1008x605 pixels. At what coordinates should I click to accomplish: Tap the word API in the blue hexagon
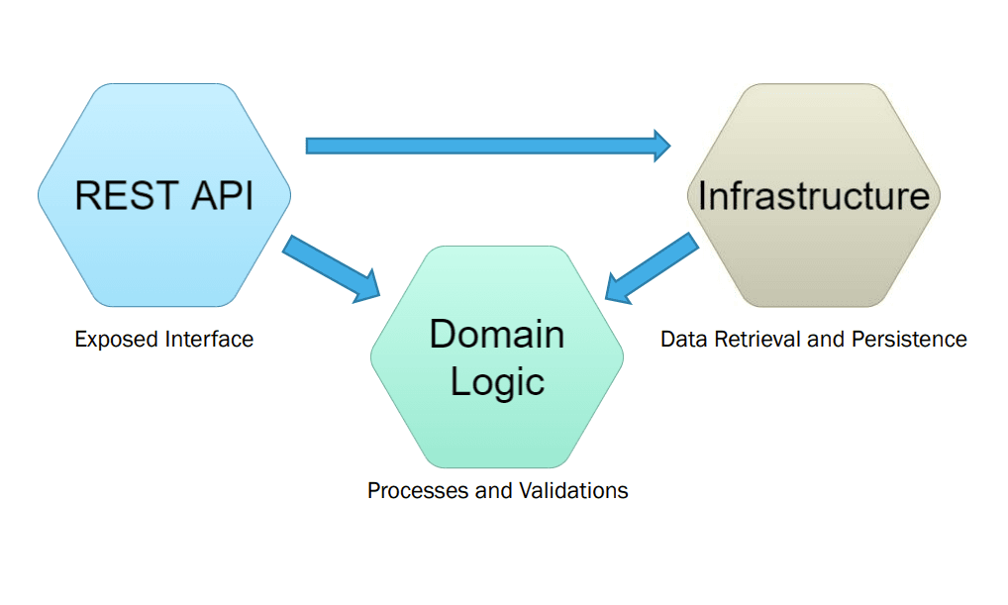(x=219, y=195)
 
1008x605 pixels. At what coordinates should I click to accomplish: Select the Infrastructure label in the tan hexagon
(x=813, y=195)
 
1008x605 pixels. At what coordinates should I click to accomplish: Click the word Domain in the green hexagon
(x=496, y=335)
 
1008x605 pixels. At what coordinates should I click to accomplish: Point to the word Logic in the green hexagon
(x=497, y=381)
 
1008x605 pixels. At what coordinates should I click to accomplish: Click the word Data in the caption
(x=680, y=340)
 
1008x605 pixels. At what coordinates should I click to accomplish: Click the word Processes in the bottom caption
(x=413, y=491)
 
